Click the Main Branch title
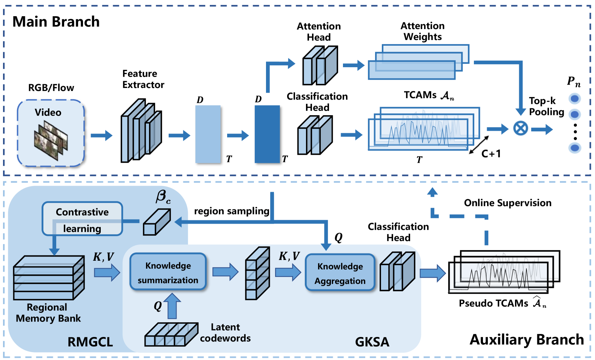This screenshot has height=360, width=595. (56, 22)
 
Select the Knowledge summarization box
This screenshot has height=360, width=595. (168, 272)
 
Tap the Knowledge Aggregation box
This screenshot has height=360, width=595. (340, 273)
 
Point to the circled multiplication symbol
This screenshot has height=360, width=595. (520, 128)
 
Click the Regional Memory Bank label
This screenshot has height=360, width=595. (48, 313)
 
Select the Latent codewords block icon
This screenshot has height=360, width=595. (171, 335)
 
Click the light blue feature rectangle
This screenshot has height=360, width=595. (208, 134)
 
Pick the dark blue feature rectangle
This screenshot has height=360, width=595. (267, 134)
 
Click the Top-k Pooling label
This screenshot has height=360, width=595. (546, 106)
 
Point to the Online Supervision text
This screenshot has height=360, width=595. (507, 203)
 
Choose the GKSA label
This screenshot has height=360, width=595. (372, 342)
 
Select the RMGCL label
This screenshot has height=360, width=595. (90, 342)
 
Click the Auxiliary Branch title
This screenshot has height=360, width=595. (526, 340)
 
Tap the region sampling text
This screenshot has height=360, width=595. (231, 211)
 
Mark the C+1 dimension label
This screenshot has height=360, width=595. (491, 154)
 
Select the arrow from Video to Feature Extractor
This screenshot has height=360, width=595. (101, 135)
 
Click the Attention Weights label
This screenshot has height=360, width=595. (423, 31)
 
